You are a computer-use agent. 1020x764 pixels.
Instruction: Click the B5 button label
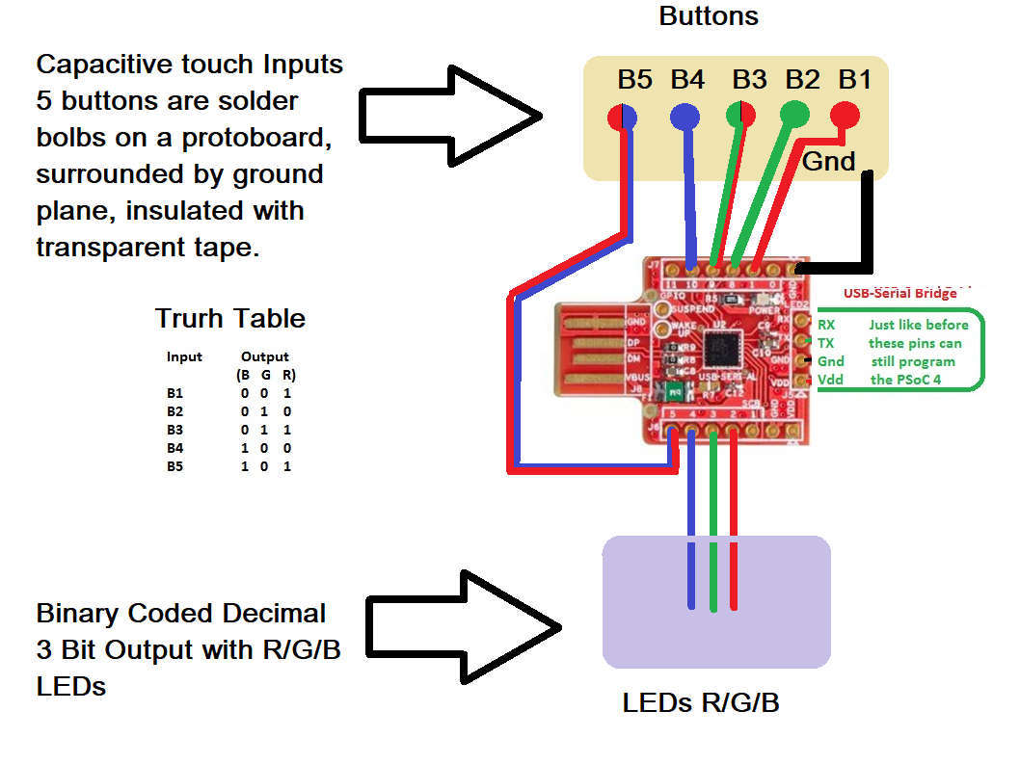tap(634, 79)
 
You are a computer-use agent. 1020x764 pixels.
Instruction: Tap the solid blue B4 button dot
tap(685, 116)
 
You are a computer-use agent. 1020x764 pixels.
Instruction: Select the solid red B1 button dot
tap(846, 116)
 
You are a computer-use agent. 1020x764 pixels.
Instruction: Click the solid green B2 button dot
tap(794, 116)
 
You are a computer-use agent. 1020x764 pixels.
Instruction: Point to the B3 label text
tap(750, 79)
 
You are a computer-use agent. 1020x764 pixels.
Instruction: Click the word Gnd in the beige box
tap(828, 162)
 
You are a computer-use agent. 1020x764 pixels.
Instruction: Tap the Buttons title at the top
tap(708, 16)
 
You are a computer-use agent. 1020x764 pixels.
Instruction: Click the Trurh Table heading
tap(230, 319)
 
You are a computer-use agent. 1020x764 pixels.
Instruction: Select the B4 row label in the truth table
tap(174, 448)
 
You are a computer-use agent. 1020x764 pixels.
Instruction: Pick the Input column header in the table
tap(184, 356)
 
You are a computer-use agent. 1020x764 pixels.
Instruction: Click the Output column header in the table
tap(264, 356)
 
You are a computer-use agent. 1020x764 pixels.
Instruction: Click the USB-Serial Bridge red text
tap(899, 293)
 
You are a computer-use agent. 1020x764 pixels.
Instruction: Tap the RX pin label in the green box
tap(826, 325)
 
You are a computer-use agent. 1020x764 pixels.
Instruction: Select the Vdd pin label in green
tap(830, 380)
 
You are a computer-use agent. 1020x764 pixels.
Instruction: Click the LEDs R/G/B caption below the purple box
tap(700, 703)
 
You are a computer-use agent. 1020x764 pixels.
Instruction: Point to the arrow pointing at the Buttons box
tap(448, 118)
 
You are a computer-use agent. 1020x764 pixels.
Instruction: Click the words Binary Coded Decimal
tap(181, 614)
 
